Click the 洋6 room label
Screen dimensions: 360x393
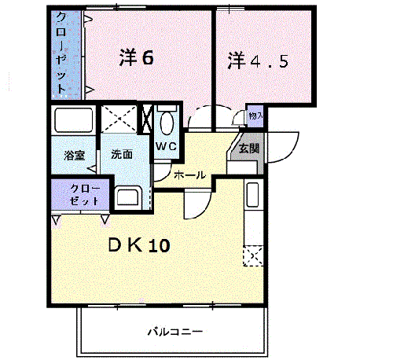coord(134,57)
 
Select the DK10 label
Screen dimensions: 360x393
coord(138,245)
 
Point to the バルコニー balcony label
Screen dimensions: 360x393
coord(174,331)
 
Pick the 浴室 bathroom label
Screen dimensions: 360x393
coord(74,156)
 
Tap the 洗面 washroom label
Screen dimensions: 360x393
coord(122,155)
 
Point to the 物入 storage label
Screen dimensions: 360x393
coord(255,116)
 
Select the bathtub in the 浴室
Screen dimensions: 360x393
coord(73,122)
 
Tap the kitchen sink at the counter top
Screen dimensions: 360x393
coord(253,194)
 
